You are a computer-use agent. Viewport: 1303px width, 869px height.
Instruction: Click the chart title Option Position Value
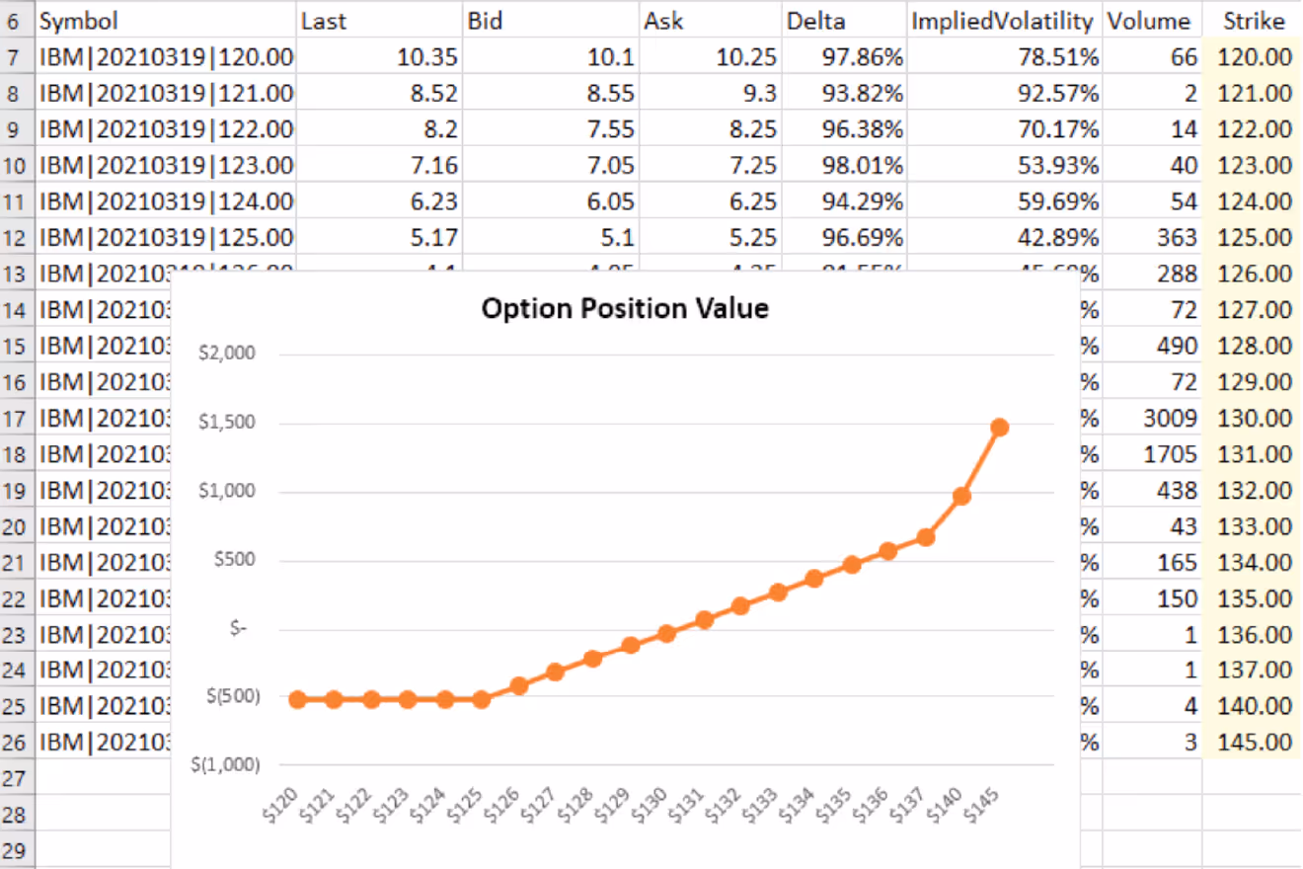point(624,308)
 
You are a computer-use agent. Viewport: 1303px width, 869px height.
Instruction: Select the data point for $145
point(999,427)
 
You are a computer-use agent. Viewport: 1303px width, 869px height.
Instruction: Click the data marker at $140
point(961,496)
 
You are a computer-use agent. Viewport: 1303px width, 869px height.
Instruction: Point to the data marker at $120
point(296,699)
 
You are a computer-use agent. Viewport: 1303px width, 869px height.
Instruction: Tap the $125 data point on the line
point(481,699)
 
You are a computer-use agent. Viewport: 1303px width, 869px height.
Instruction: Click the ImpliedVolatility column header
point(1001,21)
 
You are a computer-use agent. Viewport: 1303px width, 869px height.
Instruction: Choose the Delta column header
point(815,21)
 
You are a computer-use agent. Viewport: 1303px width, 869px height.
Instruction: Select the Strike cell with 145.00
point(1255,742)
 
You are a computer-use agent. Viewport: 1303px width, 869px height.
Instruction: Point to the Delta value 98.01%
point(862,165)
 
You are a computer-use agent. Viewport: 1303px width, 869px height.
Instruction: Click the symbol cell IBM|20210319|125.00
point(166,238)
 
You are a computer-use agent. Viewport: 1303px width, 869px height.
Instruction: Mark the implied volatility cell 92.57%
point(1058,94)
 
